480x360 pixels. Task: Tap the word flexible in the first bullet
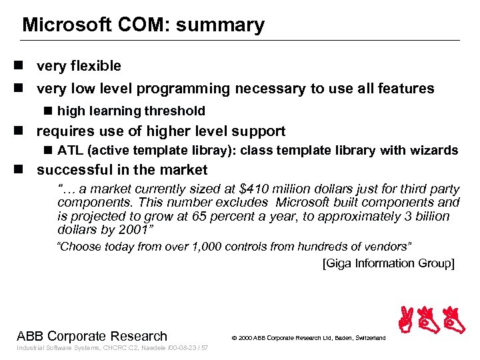(95, 66)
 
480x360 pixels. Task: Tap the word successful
(76, 170)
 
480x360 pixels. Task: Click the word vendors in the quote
(387, 247)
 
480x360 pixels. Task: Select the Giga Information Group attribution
(388, 263)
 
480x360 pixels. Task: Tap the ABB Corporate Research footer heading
(92, 336)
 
